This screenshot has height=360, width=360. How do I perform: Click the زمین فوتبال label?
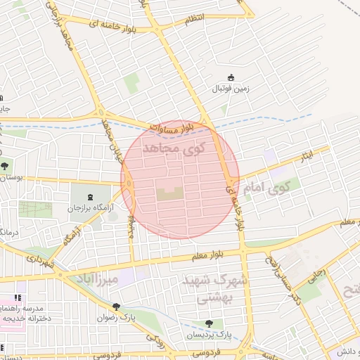[x=230, y=90]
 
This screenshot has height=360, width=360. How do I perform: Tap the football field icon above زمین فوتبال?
[x=230, y=77]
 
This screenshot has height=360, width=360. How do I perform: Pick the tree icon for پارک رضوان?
[x=116, y=307]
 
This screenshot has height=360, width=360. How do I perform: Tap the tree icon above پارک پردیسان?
[x=209, y=323]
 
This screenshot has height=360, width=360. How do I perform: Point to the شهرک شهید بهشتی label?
[x=206, y=289]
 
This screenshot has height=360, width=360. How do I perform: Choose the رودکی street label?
[x=156, y=340]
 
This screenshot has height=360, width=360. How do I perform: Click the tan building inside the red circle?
[x=169, y=193]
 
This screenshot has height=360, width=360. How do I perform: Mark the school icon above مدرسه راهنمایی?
[x=17, y=298]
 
